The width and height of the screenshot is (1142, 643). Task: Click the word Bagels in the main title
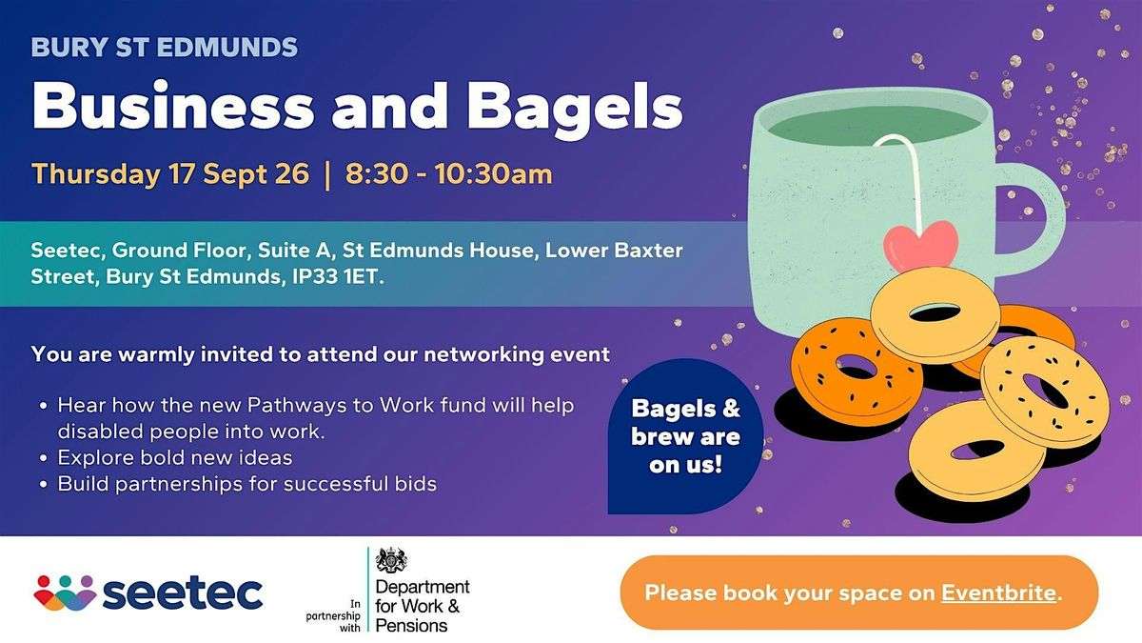pos(575,107)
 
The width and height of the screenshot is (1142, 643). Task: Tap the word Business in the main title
pos(173,105)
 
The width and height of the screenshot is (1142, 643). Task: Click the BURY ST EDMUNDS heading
pos(164,48)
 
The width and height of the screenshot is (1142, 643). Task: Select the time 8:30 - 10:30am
pos(448,174)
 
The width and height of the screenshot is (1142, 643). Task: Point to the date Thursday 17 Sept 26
pos(170,174)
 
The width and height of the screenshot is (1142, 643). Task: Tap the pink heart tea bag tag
pos(921,246)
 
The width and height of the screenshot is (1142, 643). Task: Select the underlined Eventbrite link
pos(998,593)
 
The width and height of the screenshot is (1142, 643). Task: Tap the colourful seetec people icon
pos(65,593)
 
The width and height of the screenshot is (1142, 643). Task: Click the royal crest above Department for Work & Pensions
pos(391,560)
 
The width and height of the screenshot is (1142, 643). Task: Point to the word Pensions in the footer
pos(411,626)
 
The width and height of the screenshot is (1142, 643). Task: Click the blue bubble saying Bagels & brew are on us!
pos(686,436)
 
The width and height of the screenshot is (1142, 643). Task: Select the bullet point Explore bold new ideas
pos(175,458)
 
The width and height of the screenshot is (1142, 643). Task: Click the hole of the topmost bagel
pos(935,312)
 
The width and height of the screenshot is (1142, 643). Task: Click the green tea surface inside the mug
pos(875,126)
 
